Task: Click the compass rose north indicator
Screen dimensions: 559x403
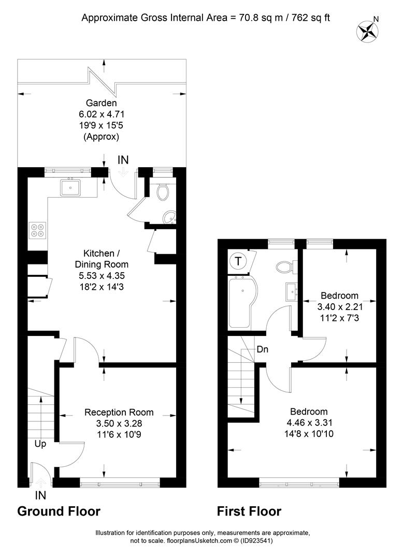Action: (x=368, y=30)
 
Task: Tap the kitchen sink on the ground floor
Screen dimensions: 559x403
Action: (x=70, y=187)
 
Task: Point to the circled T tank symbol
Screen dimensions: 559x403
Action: (x=237, y=261)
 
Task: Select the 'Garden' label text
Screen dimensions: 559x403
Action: (x=102, y=103)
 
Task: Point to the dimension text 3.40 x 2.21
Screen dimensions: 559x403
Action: (x=339, y=306)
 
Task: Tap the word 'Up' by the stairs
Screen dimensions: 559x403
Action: (x=40, y=444)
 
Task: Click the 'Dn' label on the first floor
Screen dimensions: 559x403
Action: (x=262, y=349)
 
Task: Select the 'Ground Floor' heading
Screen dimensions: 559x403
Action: (x=59, y=511)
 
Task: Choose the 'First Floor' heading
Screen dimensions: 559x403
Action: (x=249, y=511)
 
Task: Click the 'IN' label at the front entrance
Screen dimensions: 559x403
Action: (x=40, y=495)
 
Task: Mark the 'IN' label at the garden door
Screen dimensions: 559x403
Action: (x=123, y=160)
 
